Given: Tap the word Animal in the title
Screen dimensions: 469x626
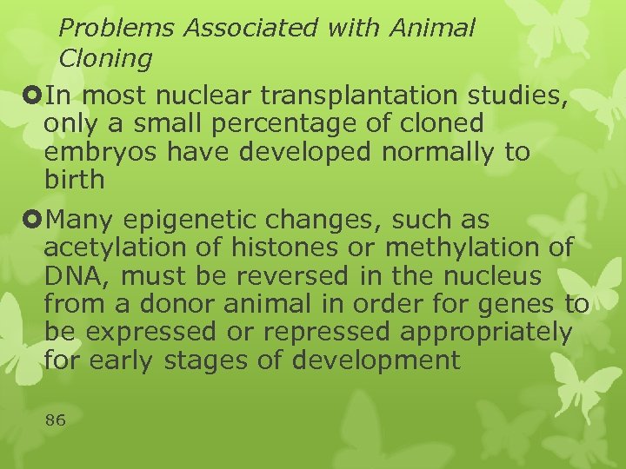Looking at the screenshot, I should [x=432, y=29].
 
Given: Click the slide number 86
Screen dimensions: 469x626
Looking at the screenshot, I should [x=55, y=420].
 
